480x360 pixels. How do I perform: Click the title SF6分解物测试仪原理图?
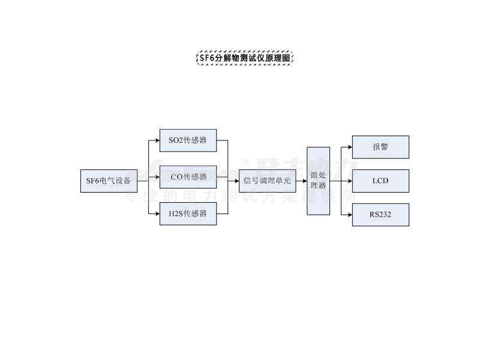(245, 58)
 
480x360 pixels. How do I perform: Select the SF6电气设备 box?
(109, 181)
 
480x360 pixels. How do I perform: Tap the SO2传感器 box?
(188, 140)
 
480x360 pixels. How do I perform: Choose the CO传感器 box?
(188, 177)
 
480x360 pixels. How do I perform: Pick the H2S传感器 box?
(188, 214)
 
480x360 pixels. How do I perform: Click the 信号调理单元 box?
(267, 181)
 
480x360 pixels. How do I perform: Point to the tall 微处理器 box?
(318, 181)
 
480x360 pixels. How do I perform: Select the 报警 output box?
(380, 147)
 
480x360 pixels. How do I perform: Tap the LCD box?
(380, 181)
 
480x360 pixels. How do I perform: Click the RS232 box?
(380, 214)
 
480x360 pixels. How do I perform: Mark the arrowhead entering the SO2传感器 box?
(157, 140)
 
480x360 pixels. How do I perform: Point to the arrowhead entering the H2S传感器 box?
(157, 214)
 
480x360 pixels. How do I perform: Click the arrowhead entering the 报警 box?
(349, 147)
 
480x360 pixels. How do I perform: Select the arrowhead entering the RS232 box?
(349, 214)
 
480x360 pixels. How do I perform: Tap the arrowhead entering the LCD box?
(349, 181)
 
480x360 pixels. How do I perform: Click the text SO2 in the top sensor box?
(176, 140)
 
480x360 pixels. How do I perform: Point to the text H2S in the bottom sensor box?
(176, 214)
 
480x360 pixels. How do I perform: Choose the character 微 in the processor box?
(314, 175)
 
